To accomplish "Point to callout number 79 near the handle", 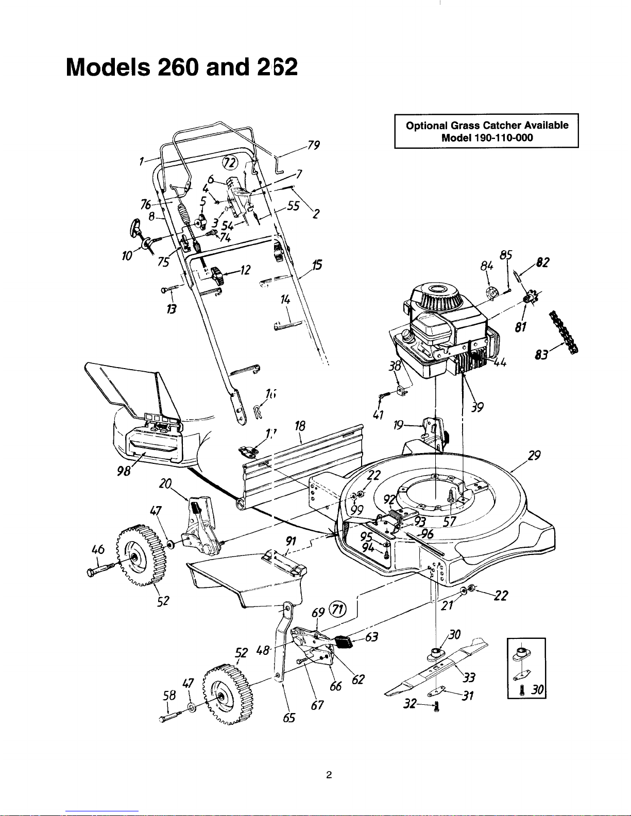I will point(313,145).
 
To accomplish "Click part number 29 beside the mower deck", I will point(534,456).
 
